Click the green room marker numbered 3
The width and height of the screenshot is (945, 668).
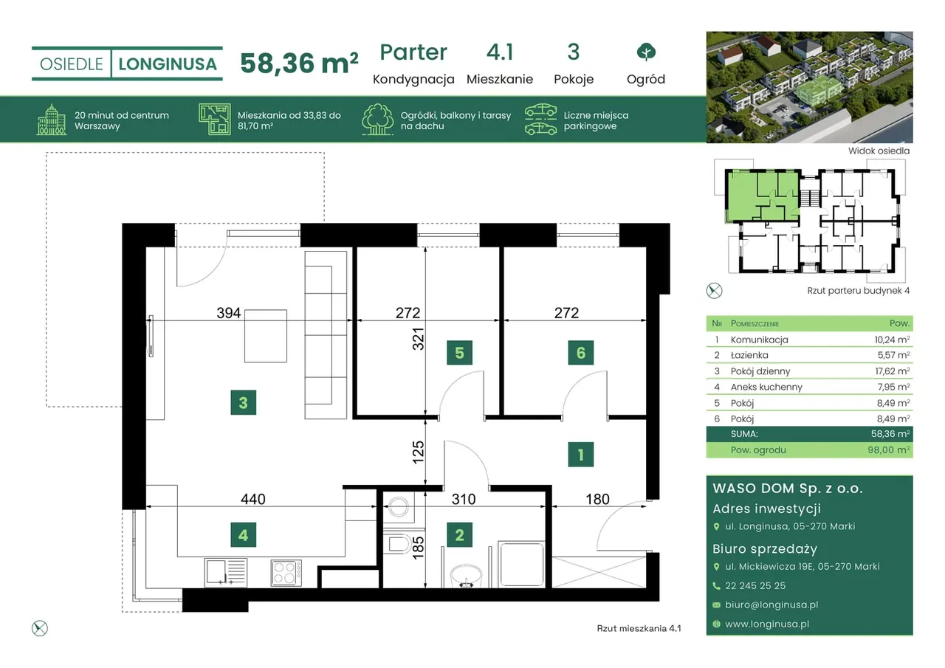click(244, 403)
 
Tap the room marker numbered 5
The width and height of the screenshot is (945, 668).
click(459, 353)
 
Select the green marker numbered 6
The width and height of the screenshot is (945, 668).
click(581, 353)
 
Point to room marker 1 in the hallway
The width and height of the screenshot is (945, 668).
click(581, 454)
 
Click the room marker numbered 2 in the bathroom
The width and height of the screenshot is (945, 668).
click(459, 534)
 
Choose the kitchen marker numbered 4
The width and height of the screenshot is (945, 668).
click(244, 534)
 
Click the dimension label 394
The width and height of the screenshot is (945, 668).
click(229, 313)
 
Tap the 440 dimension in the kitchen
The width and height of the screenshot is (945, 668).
click(253, 499)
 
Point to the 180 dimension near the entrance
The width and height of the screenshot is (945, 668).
click(597, 499)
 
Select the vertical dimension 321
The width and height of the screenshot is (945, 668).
click(418, 339)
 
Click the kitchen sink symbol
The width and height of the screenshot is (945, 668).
click(226, 572)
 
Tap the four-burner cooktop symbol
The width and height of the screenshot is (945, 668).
click(286, 573)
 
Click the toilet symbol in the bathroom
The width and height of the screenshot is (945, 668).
click(398, 544)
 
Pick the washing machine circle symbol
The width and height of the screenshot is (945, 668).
click(399, 506)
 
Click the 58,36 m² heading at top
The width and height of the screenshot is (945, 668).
click(299, 63)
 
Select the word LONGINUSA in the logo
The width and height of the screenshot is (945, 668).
click(168, 64)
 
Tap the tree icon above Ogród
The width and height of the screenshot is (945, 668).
click(646, 52)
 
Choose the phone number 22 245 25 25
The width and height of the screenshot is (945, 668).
click(755, 586)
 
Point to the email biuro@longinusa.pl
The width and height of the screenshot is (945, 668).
click(772, 605)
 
